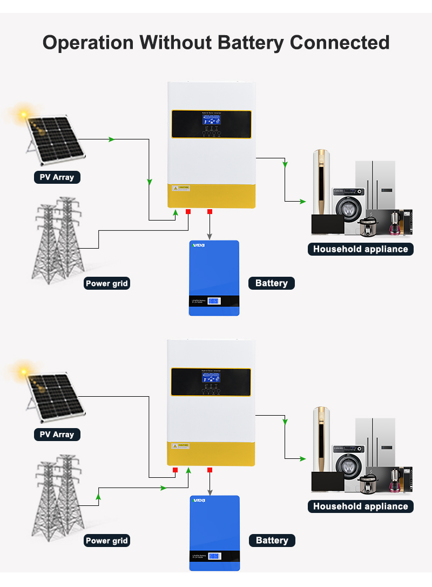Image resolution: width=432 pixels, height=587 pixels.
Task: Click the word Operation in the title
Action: click(x=87, y=42)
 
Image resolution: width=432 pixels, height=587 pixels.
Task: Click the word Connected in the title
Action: click(x=340, y=42)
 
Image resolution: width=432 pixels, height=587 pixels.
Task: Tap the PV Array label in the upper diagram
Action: click(x=57, y=177)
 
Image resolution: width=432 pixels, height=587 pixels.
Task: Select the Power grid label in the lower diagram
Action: click(x=107, y=541)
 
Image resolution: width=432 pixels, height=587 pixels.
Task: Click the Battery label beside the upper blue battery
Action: click(x=272, y=283)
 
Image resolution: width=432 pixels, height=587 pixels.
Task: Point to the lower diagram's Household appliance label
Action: click(x=360, y=506)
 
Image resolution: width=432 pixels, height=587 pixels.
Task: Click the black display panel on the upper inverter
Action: click(x=211, y=124)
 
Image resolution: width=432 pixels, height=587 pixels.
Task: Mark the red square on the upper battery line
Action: click(x=210, y=212)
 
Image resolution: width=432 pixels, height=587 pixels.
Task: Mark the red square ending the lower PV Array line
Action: click(x=175, y=470)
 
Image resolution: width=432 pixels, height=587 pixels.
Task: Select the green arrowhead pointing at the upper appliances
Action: click(x=303, y=202)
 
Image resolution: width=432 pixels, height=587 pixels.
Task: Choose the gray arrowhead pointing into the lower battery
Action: click(x=210, y=493)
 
